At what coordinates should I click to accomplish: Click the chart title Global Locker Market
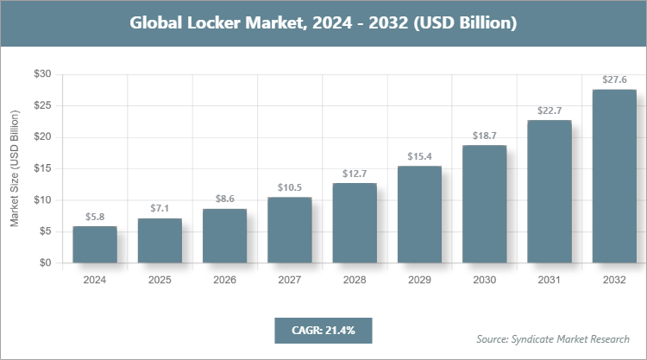[323, 23]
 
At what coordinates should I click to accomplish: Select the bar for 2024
[95, 244]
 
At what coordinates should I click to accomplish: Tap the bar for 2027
[289, 230]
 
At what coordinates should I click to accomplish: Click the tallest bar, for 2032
[614, 176]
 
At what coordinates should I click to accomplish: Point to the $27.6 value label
[614, 79]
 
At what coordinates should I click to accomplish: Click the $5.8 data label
[95, 217]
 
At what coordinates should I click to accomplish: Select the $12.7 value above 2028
[355, 174]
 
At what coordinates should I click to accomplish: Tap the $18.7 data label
[484, 136]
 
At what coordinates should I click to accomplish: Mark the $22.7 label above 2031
[550, 111]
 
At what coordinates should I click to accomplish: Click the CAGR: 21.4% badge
[323, 330]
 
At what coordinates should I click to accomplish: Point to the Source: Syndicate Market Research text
[553, 338]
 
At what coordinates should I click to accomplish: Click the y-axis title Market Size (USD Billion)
[15, 169]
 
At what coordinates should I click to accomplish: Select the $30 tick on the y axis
[41, 74]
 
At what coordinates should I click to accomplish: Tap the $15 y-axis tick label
[41, 168]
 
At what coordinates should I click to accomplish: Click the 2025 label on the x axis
[160, 280]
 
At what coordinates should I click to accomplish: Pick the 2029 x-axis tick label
[419, 280]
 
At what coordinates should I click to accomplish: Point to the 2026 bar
[224, 236]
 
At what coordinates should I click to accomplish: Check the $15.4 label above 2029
[419, 156]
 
